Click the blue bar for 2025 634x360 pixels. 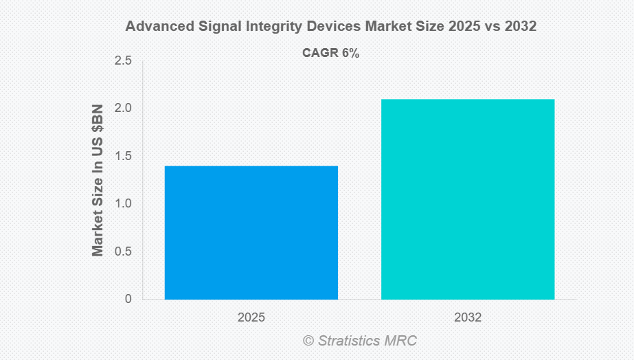click(251, 232)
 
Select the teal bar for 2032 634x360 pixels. click(468, 199)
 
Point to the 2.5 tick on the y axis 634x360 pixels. click(123, 61)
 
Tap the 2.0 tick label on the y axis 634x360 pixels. click(123, 109)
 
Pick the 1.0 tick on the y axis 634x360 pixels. click(123, 204)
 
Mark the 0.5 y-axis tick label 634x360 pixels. click(123, 251)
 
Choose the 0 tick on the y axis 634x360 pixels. click(128, 299)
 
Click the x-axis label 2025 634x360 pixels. click(251, 318)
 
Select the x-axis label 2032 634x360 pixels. click(468, 318)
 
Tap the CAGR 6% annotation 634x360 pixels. click(331, 53)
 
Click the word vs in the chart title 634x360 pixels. click(490, 27)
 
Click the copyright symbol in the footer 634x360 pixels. click(308, 341)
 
